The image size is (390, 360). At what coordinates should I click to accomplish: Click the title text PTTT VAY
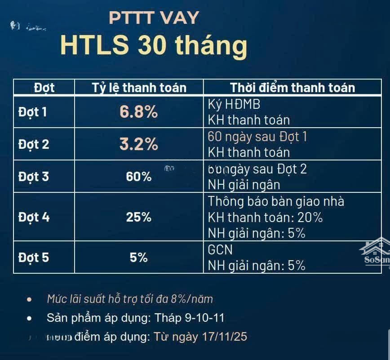(x=154, y=18)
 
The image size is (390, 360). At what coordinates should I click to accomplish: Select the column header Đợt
(x=44, y=87)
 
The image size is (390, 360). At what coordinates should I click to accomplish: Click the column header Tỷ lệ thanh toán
(x=139, y=87)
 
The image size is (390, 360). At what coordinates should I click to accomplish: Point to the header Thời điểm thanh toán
(x=292, y=87)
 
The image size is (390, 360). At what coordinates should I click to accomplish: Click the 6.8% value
(x=138, y=112)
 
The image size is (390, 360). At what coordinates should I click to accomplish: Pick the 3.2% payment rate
(x=138, y=144)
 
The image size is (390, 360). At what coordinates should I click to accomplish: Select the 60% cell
(x=138, y=177)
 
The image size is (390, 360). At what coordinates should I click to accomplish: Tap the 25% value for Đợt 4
(x=138, y=217)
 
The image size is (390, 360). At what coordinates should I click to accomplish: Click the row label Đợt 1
(x=32, y=112)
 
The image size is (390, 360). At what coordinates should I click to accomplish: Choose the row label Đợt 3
(x=33, y=177)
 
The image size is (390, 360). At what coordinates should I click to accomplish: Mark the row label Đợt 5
(x=33, y=258)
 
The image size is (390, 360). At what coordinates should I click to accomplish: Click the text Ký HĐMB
(x=234, y=104)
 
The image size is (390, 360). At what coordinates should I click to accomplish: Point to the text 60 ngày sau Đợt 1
(x=257, y=137)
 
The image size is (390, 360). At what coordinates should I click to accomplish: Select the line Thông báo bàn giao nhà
(x=276, y=201)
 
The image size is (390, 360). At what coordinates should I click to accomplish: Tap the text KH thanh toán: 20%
(x=265, y=218)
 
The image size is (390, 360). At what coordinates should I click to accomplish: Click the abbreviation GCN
(x=220, y=249)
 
